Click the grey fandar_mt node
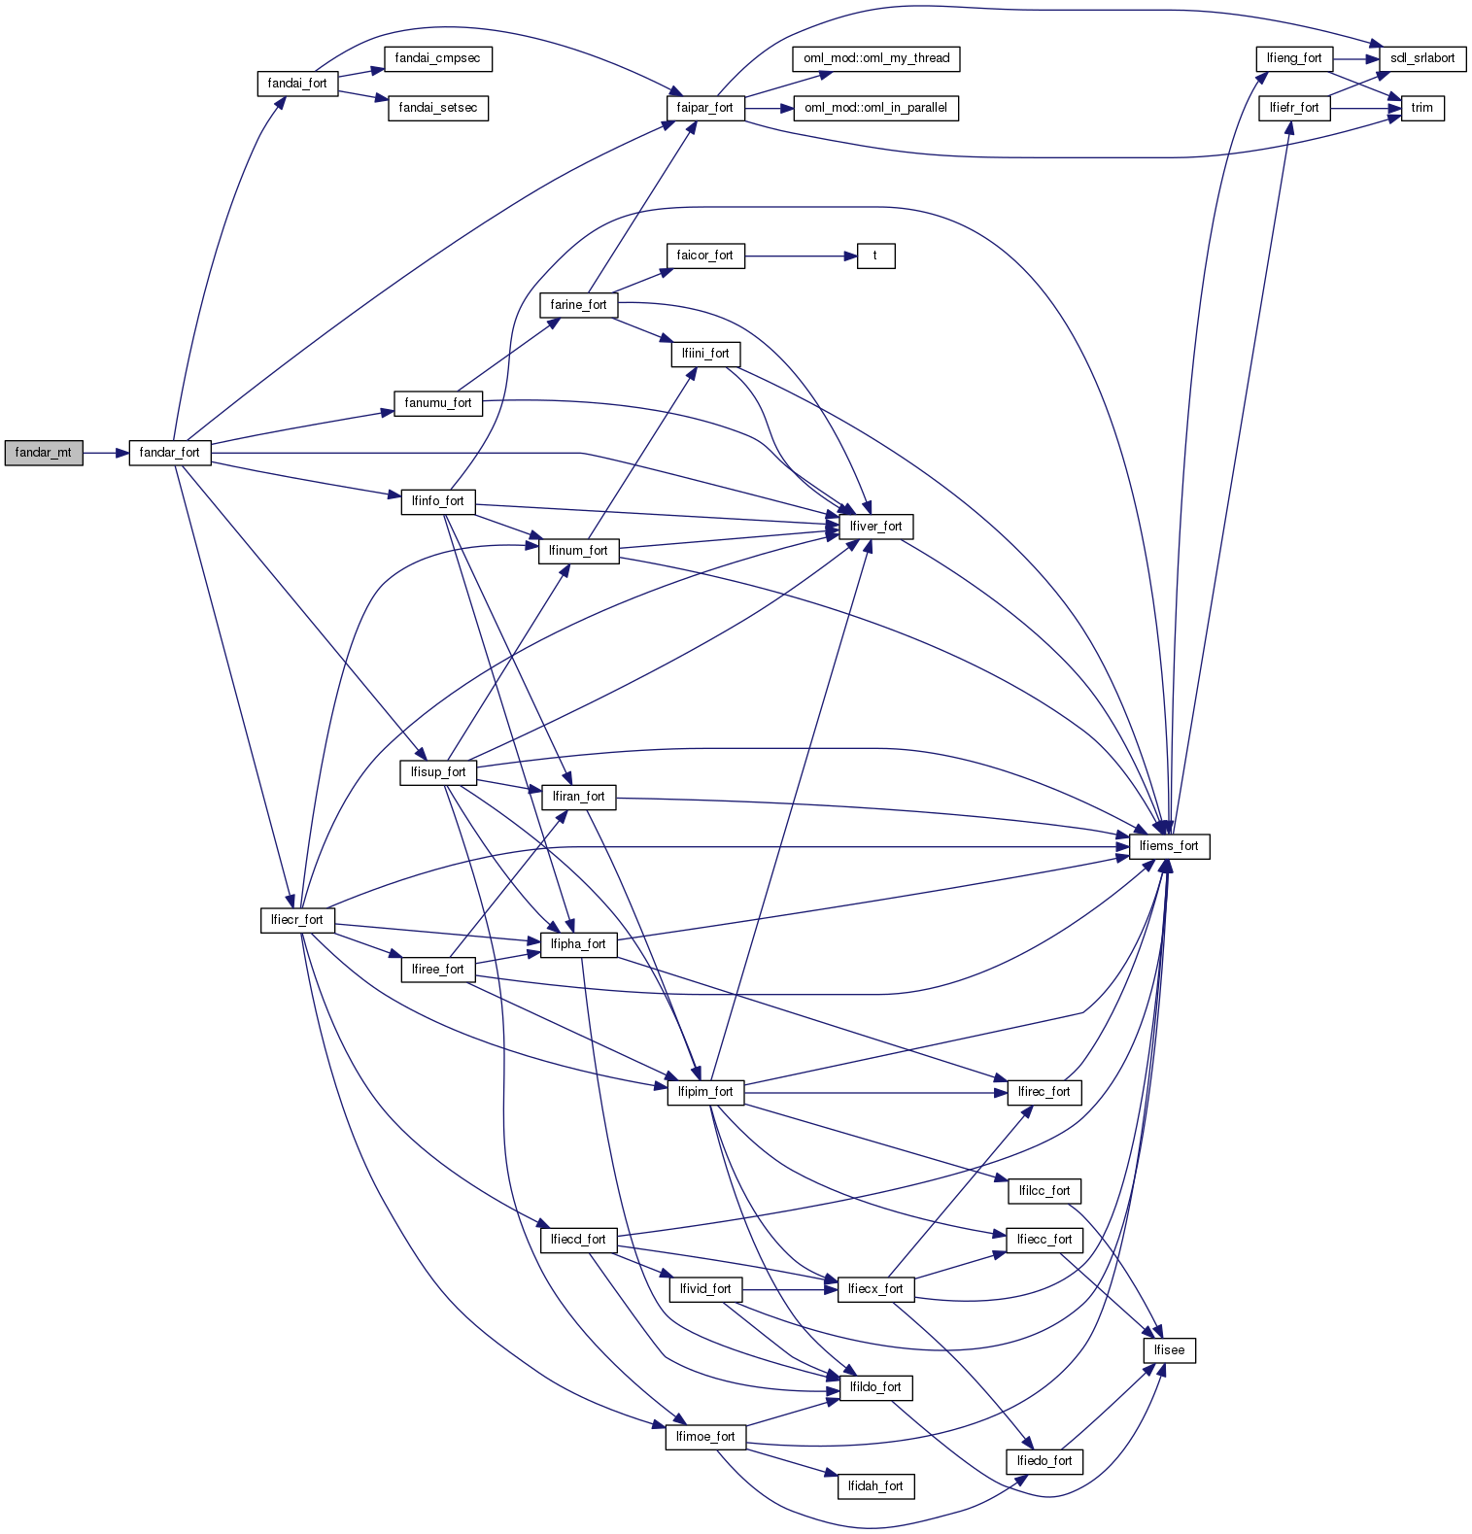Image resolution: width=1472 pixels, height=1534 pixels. (x=44, y=453)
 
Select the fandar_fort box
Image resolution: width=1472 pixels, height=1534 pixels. (x=170, y=453)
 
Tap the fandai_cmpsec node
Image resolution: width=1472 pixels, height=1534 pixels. (x=437, y=58)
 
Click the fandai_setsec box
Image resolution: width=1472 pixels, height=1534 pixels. (x=437, y=108)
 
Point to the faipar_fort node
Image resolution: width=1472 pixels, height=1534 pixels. (x=704, y=108)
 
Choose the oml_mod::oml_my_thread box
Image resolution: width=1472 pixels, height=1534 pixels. (x=876, y=58)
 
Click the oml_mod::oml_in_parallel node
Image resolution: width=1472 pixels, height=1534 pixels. (x=875, y=108)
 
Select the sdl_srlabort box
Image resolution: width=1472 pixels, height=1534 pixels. (x=1422, y=58)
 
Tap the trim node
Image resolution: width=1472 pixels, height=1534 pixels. (x=1422, y=108)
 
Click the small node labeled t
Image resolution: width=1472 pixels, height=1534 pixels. (x=875, y=256)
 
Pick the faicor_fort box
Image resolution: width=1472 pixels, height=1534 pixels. (x=704, y=256)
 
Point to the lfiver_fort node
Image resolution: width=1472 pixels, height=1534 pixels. (x=875, y=527)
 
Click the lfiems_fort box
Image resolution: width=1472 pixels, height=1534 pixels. (x=1169, y=846)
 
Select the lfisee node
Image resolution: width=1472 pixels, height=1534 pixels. (x=1169, y=1350)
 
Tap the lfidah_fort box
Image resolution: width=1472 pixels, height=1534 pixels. (x=875, y=1486)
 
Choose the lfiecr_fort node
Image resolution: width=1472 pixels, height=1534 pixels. (x=297, y=920)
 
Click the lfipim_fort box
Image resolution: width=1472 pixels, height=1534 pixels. (x=705, y=1092)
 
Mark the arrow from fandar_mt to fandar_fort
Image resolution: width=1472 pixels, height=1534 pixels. (x=106, y=453)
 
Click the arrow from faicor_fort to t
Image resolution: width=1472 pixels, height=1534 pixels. (x=801, y=256)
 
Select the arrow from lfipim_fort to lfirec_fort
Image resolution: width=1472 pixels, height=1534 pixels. (x=874, y=1092)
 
